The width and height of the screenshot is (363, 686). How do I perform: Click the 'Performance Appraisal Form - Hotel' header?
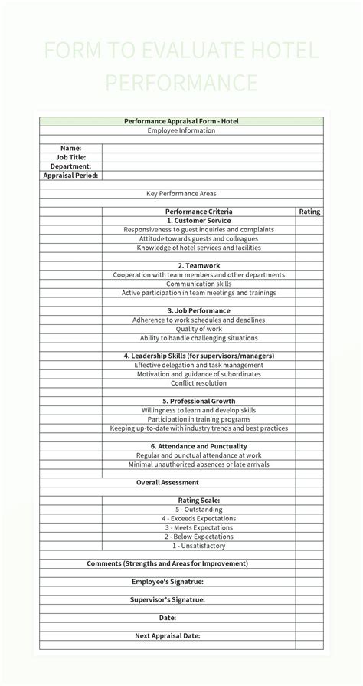point(181,121)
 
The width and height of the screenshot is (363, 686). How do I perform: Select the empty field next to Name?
point(212,148)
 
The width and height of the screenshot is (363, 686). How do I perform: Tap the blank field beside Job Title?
point(212,157)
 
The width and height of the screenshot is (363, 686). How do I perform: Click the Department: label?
point(71,166)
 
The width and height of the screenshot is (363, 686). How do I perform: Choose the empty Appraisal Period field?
point(212,176)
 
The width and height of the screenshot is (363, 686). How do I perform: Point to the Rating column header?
point(309,212)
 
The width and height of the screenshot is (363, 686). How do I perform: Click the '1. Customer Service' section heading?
point(198,221)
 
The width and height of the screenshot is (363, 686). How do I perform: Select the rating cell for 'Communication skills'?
point(309,284)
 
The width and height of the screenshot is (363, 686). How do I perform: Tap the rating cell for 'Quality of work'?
point(309,329)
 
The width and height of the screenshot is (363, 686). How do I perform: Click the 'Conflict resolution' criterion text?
point(198,383)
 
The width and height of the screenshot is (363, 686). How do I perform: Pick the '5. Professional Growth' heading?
point(198,401)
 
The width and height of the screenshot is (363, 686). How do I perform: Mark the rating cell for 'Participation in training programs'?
point(309,419)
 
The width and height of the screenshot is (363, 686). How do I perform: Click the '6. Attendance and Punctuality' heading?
point(198,446)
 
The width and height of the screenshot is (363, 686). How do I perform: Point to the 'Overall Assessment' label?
point(168,482)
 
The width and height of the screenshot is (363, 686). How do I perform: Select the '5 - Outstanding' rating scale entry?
point(198,510)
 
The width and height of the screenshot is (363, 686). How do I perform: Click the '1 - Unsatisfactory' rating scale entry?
point(198,546)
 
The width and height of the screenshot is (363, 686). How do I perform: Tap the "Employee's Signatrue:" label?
point(168,582)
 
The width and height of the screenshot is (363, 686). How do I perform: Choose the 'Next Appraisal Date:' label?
point(168,635)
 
